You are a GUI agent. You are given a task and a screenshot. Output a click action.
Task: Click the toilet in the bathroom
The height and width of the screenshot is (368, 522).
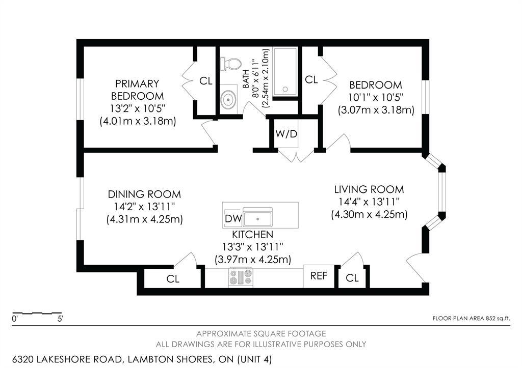pos(230,64)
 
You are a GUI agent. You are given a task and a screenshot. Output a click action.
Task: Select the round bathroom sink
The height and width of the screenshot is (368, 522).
pos(228,98)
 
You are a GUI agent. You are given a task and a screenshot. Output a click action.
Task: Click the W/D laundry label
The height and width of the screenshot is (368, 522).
pos(285,134)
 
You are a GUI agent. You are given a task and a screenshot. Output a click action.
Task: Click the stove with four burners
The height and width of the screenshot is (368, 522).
pos(240,277)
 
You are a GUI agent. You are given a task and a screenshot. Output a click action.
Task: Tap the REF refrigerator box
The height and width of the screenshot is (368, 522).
pos(319,275)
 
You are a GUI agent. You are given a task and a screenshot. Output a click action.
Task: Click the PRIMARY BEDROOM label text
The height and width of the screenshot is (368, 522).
pos(137,90)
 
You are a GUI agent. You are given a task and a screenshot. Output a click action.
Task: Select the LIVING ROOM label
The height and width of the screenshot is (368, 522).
pos(369,189)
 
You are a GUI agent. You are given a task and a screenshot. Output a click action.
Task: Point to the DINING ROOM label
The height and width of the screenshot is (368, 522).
pos(144,194)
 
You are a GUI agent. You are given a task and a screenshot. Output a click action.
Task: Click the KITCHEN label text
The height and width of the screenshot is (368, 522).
pos(252,235)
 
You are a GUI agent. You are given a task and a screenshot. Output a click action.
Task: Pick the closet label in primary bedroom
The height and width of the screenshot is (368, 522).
pos(205,80)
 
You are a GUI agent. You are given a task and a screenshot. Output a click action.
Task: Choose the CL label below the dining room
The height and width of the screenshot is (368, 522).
pos(173,279)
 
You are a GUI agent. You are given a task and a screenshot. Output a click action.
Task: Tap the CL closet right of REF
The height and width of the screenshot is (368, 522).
pos(352,278)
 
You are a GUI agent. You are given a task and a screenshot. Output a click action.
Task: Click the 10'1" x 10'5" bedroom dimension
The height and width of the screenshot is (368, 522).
pos(376,97)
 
